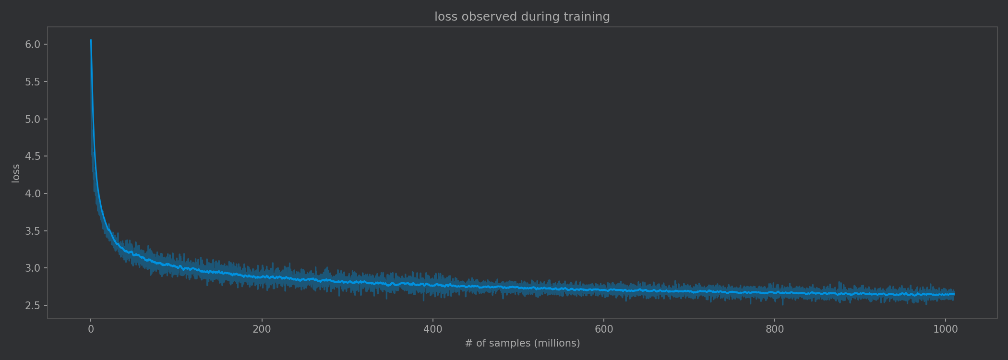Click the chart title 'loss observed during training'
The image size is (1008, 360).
(x=522, y=17)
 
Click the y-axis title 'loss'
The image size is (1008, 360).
(x=16, y=173)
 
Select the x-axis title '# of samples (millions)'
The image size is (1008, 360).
(x=522, y=343)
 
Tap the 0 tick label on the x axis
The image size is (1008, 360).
(x=91, y=329)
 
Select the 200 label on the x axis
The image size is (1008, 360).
(x=262, y=329)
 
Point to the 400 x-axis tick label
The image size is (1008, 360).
(x=432, y=329)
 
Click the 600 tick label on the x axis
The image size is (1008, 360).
(x=604, y=329)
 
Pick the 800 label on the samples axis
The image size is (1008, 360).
(x=775, y=329)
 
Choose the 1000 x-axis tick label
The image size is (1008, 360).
(x=945, y=329)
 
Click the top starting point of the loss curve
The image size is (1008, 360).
(x=91, y=40)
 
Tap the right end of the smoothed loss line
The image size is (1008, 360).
(x=953, y=294)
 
